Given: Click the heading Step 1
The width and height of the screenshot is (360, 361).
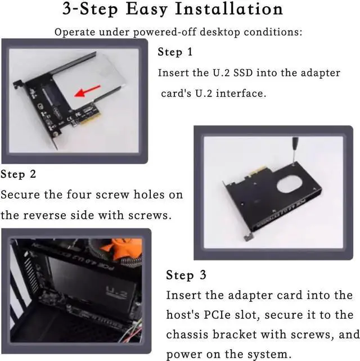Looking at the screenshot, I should click(x=175, y=52).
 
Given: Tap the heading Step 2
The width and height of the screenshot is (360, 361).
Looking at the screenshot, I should click(x=19, y=174).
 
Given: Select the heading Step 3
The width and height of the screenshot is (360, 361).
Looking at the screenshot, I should click(x=186, y=275).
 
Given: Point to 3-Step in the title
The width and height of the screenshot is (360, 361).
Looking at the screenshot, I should click(x=88, y=10).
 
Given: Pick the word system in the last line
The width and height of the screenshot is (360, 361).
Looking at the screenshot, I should click(x=268, y=355).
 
